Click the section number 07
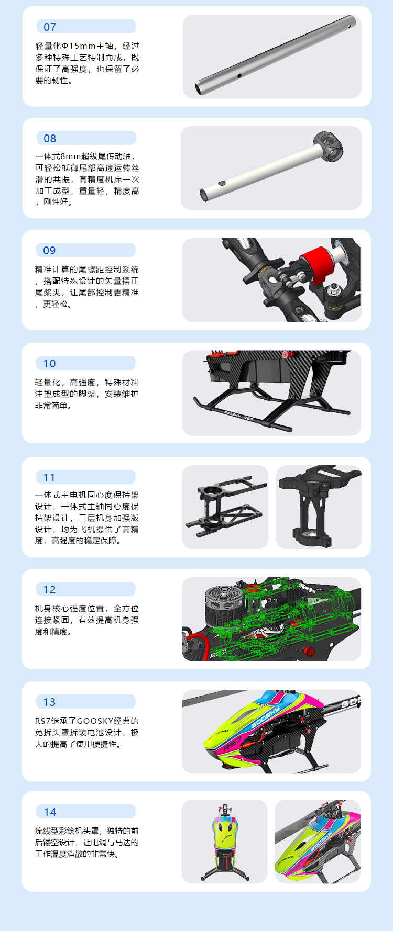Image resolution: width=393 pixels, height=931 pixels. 50,27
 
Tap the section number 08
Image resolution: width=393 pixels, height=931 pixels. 50,139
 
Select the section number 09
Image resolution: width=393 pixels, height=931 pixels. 49,251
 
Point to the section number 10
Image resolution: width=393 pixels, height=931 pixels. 49,364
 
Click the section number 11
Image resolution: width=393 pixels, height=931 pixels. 49,478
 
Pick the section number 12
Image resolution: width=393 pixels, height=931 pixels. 49,590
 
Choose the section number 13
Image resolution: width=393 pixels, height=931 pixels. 49,702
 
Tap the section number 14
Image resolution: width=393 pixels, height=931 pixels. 50,812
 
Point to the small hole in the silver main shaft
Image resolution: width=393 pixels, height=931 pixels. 239,76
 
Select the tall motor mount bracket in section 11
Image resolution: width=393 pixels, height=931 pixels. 318,506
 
